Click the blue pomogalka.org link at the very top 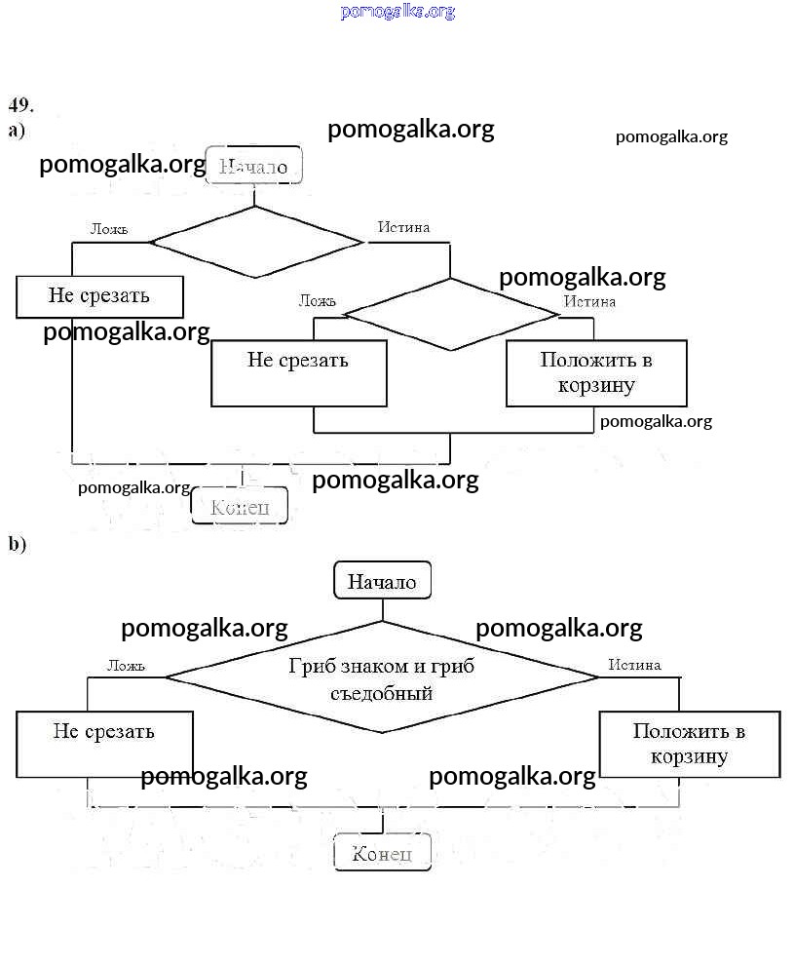pos(397,12)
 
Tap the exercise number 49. pos(21,104)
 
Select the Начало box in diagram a pos(253,166)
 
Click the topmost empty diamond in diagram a pos(255,242)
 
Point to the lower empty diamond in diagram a pos(450,314)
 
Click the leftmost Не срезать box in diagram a pos(99,296)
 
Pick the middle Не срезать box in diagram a pos(298,372)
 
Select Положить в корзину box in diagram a pos(596,372)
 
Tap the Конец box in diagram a pos(240,506)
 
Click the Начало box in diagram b pos(382,582)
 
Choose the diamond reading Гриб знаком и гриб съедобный pos(382,678)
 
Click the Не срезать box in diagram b pos(104,744)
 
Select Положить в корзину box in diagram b pos(689,744)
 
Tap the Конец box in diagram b pos(382,854)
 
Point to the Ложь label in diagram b pos(126,666)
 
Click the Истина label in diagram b pos(634,665)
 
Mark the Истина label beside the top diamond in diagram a pos(403,227)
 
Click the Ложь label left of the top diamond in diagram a pos(108,229)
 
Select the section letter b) pos(18,544)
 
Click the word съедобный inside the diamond pos(382,694)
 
